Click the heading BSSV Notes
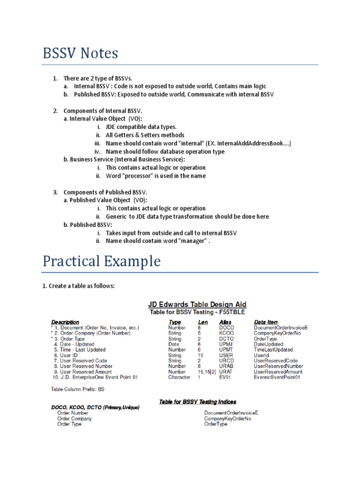[80, 53]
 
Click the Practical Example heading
[101, 261]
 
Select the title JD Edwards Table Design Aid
[197, 304]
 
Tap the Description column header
[65, 322]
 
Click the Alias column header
[225, 322]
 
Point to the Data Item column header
[266, 322]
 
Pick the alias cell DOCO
[226, 328]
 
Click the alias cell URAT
[226, 372]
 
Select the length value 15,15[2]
[206, 372]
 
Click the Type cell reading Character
[179, 377]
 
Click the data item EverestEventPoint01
[280, 377]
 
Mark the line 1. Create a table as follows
[82, 286]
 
